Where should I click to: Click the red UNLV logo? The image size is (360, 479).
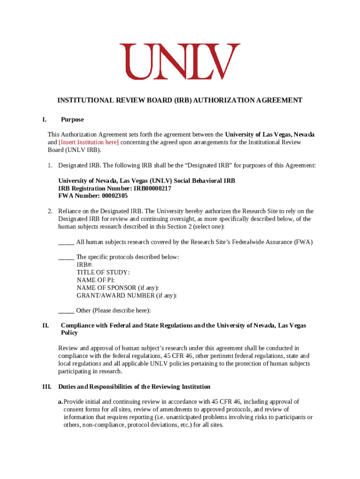[180, 61]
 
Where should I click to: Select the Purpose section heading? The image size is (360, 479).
[72, 120]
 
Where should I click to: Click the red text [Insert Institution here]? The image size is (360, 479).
[89, 142]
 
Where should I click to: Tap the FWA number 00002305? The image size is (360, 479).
[112, 196]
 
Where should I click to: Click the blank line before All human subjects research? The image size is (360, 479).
[66, 242]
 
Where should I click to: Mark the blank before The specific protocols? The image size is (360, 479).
[66, 257]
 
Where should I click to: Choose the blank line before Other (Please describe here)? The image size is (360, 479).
[66, 311]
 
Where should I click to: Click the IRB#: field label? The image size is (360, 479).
[85, 265]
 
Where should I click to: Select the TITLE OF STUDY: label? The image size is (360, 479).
[103, 272]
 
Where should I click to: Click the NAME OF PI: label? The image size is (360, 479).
[95, 280]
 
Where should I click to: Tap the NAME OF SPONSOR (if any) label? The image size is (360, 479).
[117, 288]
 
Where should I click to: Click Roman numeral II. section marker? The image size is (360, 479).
[45, 326]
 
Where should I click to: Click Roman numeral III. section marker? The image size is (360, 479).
[47, 387]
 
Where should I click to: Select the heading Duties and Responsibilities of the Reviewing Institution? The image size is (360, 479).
[134, 387]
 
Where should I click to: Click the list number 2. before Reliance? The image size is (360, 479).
[50, 211]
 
